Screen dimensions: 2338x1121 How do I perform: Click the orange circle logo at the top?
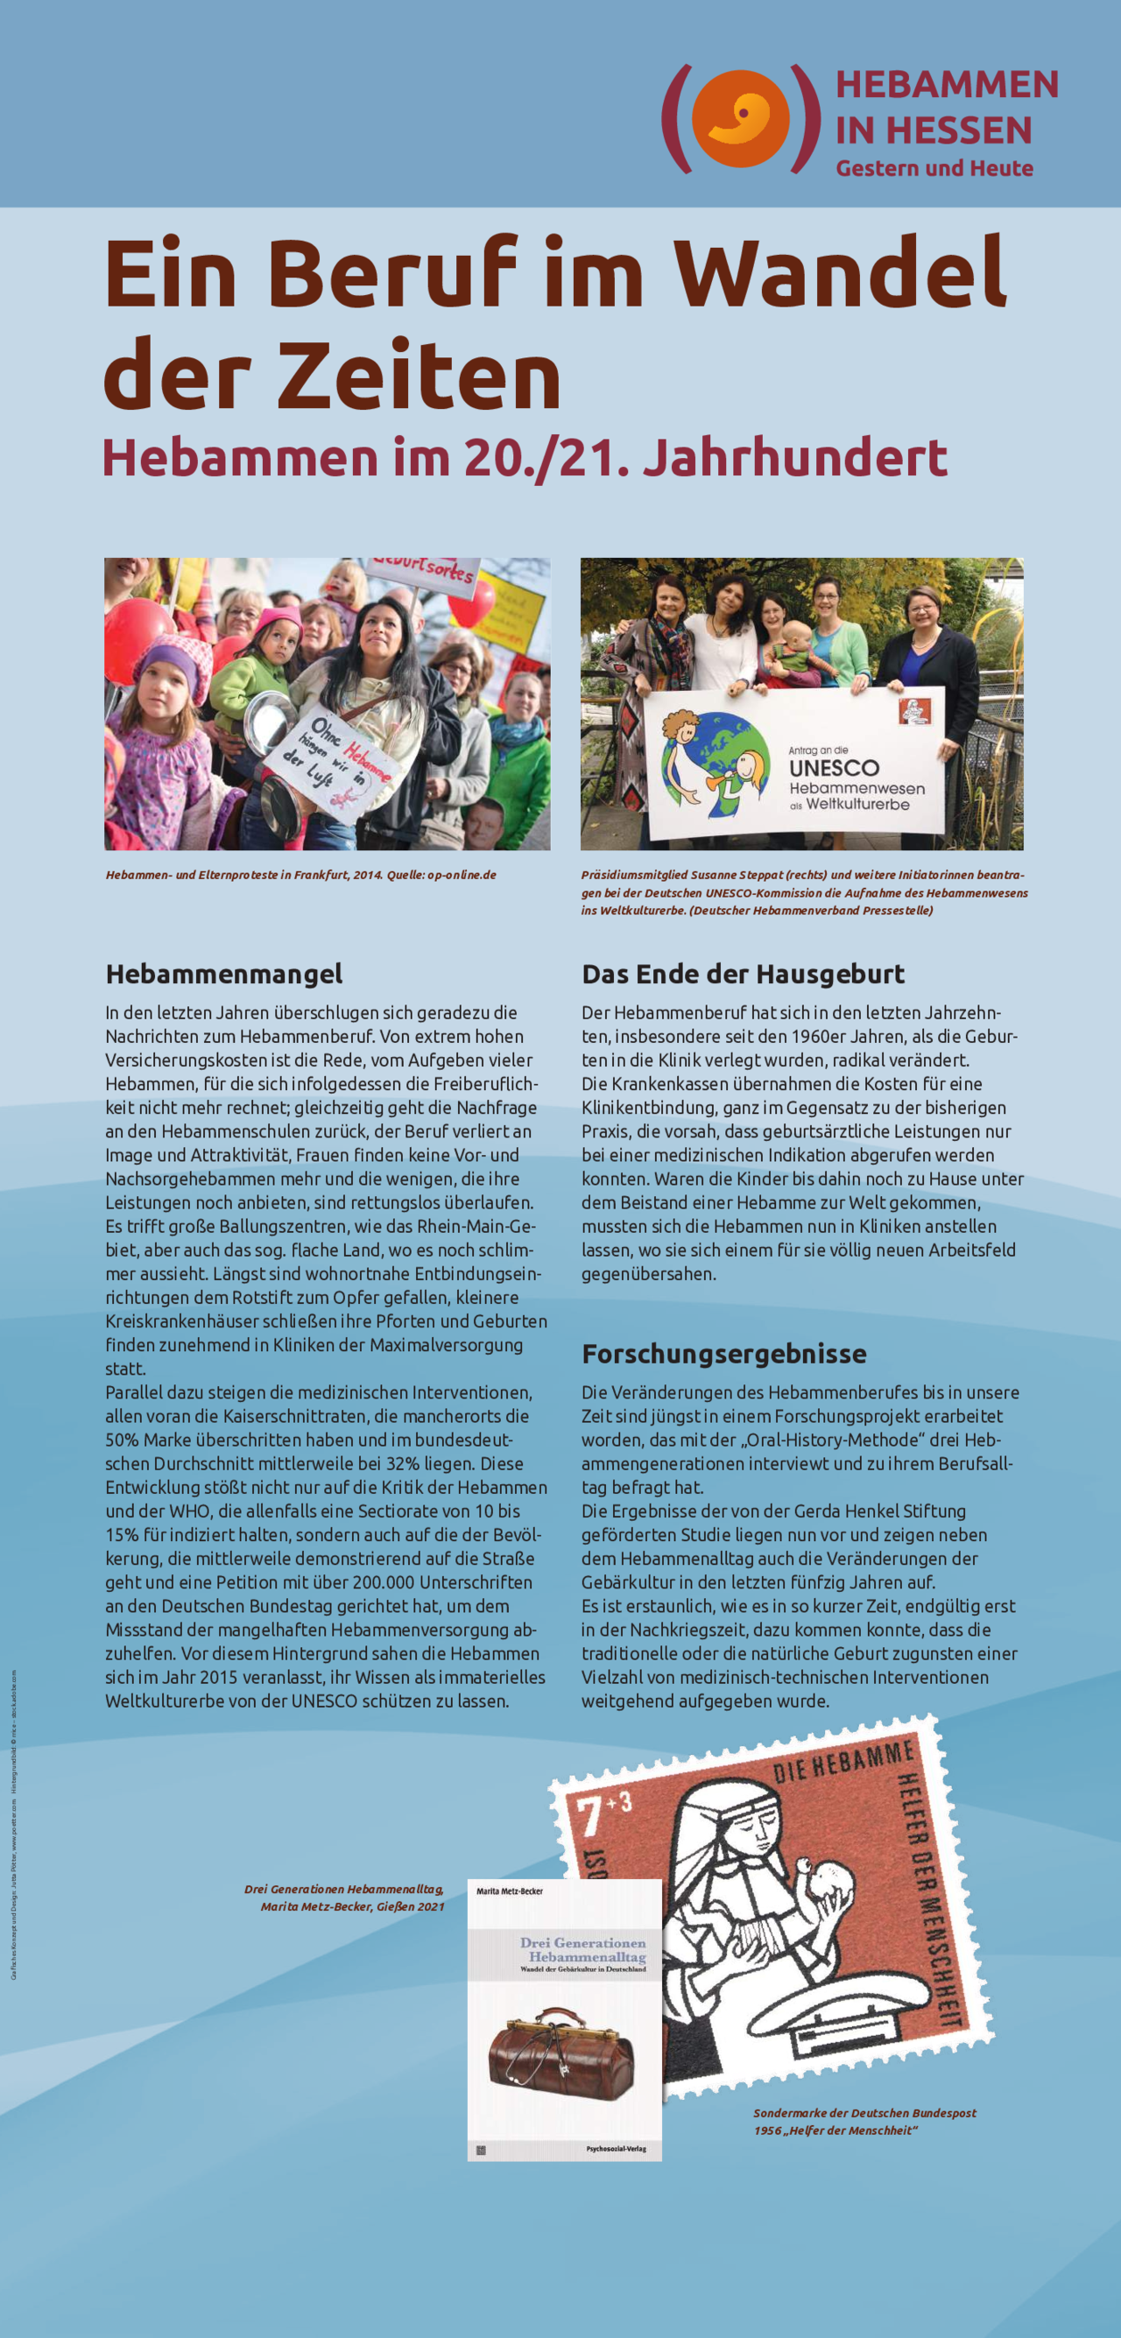tap(740, 118)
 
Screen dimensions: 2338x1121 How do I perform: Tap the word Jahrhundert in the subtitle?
tap(795, 457)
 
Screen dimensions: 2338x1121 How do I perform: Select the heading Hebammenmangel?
tap(224, 974)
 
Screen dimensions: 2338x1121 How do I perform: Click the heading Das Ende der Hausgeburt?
tap(743, 974)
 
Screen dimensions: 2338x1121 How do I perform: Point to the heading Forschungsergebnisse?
tap(723, 1353)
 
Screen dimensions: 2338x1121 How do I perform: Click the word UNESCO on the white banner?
tap(833, 768)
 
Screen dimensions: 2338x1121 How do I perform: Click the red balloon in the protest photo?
tap(136, 636)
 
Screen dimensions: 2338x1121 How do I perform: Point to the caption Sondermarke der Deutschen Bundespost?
tap(864, 2113)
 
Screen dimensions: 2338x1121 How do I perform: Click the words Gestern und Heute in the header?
tap(934, 168)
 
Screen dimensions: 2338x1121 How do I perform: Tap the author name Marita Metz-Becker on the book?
tap(509, 1891)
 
